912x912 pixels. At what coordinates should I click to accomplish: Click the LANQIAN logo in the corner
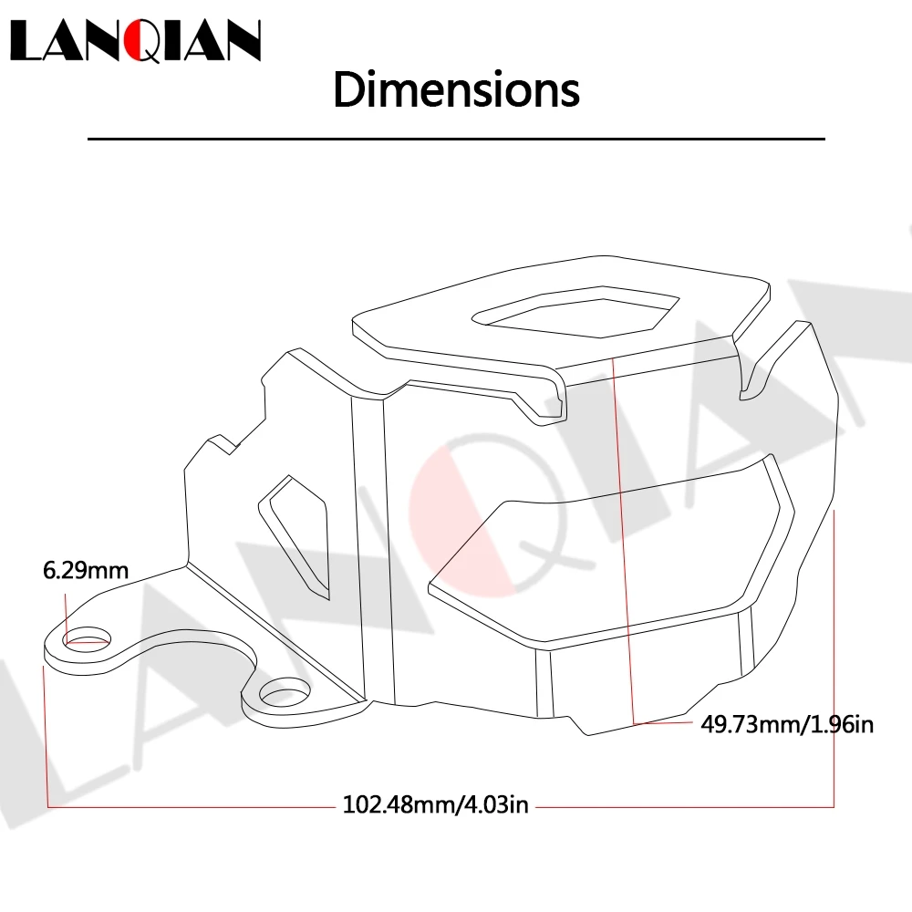tap(136, 40)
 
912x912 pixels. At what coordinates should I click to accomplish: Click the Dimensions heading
tap(457, 89)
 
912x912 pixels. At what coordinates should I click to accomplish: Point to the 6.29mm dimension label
tap(86, 570)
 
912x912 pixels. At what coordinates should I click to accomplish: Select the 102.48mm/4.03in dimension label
tap(436, 804)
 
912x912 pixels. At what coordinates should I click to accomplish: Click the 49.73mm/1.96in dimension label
tap(787, 724)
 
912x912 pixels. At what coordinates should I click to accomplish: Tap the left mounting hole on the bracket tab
tap(88, 638)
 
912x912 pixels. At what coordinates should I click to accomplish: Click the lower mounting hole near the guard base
tap(285, 692)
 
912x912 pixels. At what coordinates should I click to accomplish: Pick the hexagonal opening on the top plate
tap(575, 311)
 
